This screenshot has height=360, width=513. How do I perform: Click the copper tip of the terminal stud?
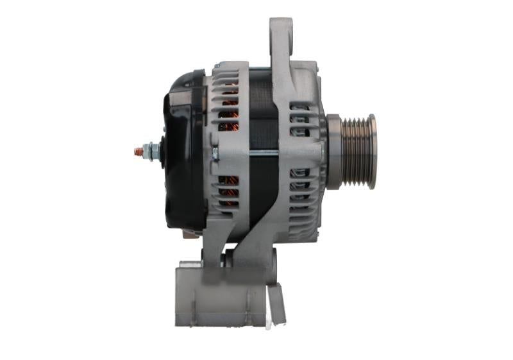138,151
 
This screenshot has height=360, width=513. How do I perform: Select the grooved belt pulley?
356,151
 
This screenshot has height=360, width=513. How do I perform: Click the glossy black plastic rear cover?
183,154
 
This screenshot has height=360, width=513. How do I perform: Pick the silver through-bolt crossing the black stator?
263,151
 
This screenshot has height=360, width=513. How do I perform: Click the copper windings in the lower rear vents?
229,189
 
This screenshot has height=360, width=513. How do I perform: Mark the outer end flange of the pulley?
373,151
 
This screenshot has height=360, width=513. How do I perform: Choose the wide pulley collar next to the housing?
333,151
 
